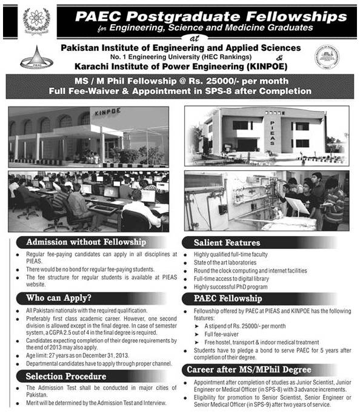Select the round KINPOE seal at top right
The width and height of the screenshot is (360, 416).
click(x=327, y=58)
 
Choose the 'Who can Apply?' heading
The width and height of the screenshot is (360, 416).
click(x=59, y=297)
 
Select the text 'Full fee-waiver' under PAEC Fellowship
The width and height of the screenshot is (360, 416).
click(x=222, y=332)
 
